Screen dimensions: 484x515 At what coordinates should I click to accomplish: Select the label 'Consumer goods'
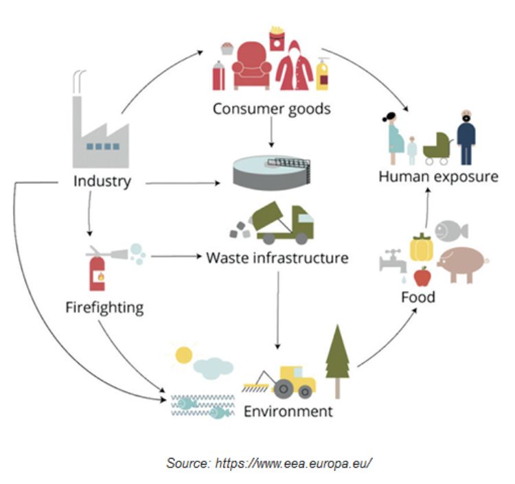[x=271, y=108]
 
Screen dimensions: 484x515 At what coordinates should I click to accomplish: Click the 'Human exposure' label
[x=437, y=176]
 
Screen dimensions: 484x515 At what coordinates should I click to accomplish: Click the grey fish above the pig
[x=450, y=229]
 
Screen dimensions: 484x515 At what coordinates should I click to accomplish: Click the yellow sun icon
[x=183, y=355]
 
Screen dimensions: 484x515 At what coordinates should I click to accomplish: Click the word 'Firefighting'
[x=104, y=306]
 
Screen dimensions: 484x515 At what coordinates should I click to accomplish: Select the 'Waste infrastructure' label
[x=277, y=259]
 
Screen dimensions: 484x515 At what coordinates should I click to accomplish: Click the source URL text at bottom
[x=269, y=463]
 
